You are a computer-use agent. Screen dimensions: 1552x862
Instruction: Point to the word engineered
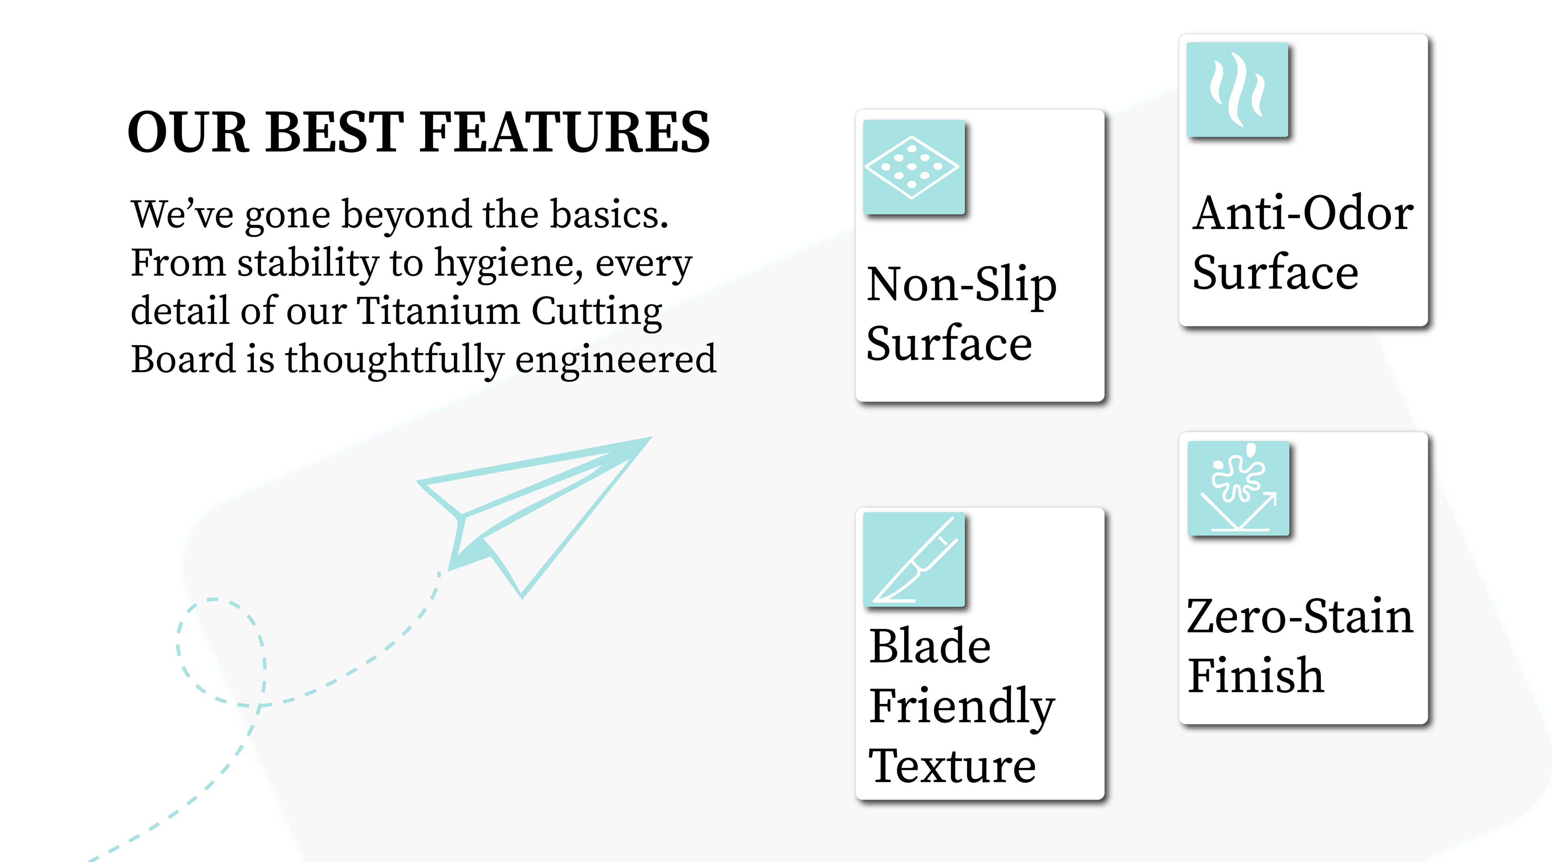click(616, 360)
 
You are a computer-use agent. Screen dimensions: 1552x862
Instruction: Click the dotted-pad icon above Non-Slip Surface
click(913, 167)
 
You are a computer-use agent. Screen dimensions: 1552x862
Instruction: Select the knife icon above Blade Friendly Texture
click(913, 560)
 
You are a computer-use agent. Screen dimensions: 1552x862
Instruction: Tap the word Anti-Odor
click(1303, 213)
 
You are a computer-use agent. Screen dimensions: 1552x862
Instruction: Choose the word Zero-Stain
click(1299, 616)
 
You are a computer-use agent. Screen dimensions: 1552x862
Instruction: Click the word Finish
click(1256, 675)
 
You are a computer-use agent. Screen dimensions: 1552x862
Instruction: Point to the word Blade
click(930, 646)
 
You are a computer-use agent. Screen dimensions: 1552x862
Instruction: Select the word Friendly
click(962, 708)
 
